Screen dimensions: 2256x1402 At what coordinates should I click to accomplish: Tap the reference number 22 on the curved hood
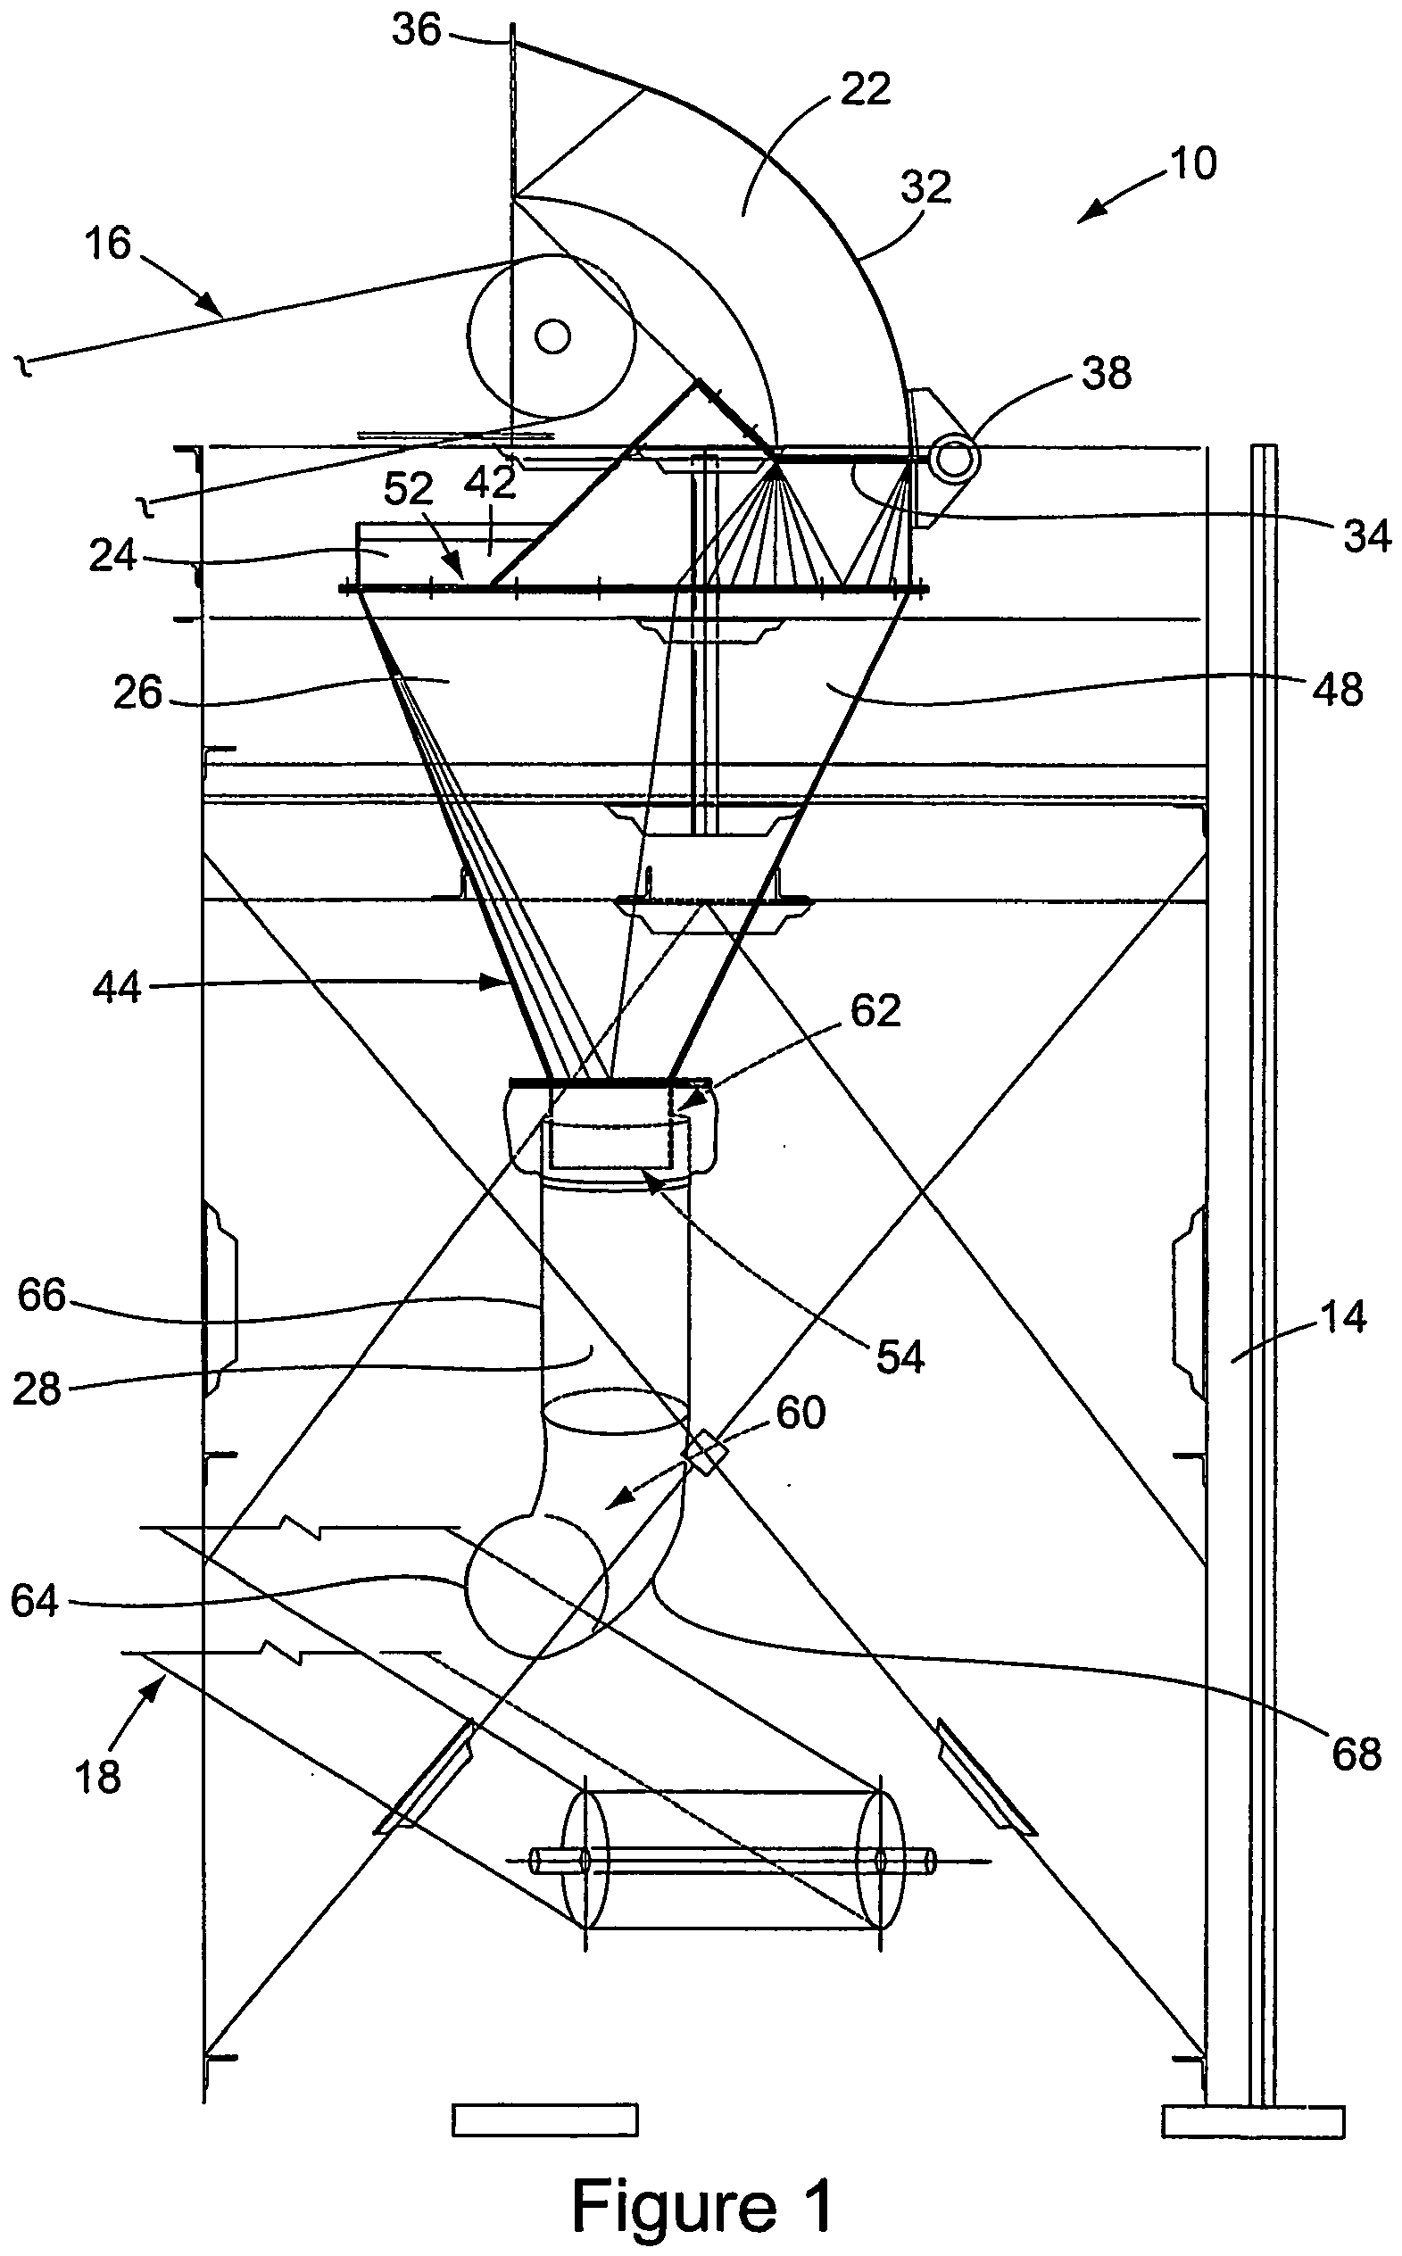864,90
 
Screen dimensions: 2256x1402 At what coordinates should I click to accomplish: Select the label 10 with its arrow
1192,164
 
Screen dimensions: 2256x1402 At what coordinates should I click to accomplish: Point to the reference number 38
1107,374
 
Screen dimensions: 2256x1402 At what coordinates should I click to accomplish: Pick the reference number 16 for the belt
109,244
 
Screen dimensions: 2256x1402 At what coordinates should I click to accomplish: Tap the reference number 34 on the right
1365,536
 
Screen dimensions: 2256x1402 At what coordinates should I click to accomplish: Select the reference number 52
409,489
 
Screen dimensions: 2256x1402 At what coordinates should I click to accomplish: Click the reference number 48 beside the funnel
1338,690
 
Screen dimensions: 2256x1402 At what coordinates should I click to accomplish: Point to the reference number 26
138,693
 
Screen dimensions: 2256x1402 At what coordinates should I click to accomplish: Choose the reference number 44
117,989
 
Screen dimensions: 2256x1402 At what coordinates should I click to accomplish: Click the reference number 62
875,1011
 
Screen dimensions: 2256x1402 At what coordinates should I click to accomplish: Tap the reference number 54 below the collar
900,1357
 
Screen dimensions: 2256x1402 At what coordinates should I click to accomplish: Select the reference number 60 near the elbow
801,1414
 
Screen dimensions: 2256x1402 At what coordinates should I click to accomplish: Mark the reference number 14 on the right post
1341,1317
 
